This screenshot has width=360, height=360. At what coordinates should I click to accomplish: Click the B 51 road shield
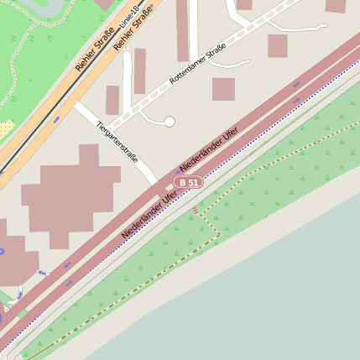point(189,182)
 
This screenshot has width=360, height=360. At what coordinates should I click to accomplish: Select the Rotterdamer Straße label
point(198,66)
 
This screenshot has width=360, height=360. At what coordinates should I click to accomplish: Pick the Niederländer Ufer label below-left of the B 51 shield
point(149,213)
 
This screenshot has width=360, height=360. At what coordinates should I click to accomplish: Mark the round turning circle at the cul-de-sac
point(170,122)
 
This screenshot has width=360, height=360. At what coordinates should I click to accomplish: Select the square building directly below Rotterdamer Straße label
point(223,89)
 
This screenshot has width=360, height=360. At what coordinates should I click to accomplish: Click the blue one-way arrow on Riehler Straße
point(56,119)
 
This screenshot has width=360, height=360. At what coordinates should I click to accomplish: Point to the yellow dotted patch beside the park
point(7,128)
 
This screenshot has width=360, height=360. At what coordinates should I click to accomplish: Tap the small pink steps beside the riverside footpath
point(196,209)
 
